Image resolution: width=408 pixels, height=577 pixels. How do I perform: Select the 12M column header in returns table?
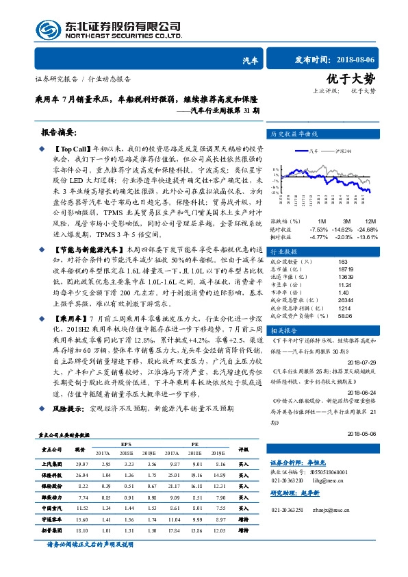coord(371,221)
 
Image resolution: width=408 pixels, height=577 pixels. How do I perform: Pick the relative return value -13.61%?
coord(368,236)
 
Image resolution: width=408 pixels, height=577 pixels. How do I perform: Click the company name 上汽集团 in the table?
coord(54,464)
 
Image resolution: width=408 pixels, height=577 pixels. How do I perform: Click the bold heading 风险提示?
coord(60,408)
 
